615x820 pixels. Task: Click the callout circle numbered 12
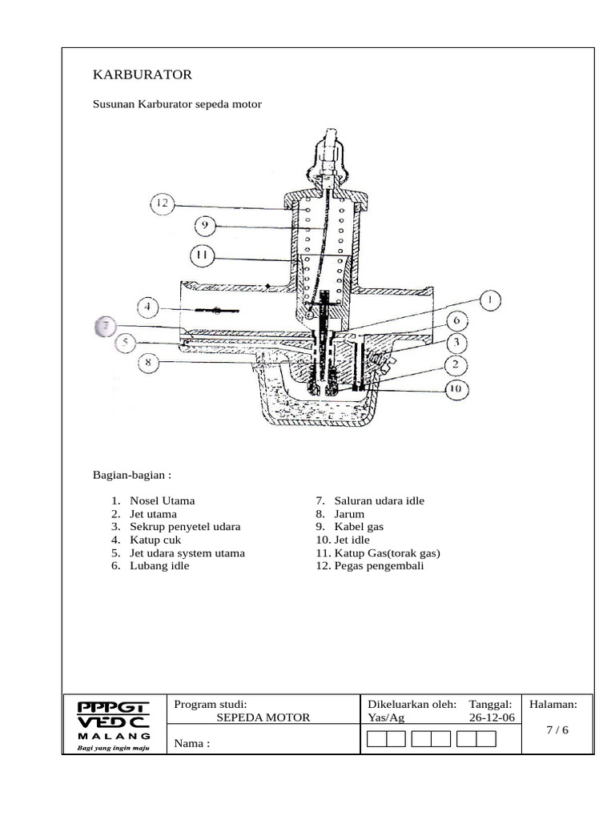(x=163, y=204)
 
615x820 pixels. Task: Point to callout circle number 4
(x=148, y=307)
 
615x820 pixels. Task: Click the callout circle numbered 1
(x=488, y=301)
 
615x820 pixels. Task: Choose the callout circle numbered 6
(x=455, y=321)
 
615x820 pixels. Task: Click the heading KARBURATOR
(x=143, y=74)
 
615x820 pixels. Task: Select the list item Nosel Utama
(x=162, y=500)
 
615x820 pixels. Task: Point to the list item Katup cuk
(x=155, y=540)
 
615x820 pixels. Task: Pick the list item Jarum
(x=349, y=514)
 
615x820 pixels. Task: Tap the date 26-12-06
(x=492, y=717)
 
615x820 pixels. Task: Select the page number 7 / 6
(x=557, y=730)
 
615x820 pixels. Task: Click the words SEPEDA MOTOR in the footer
(x=263, y=717)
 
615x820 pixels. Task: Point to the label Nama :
(x=192, y=743)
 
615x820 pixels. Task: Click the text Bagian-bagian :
(x=132, y=474)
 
